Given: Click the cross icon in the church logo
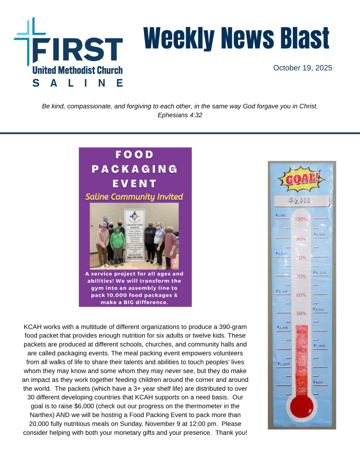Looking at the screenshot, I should click(x=30, y=41).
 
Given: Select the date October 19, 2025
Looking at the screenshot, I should click(x=302, y=68).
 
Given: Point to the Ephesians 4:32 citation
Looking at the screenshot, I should click(x=180, y=115).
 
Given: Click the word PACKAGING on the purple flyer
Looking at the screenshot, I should click(x=135, y=169).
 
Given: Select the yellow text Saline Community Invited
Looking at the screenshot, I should click(x=134, y=197).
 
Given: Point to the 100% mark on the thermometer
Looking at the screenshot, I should click(x=301, y=219).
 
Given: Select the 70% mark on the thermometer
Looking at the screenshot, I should click(x=301, y=276).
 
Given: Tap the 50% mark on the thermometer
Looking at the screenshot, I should click(x=301, y=314).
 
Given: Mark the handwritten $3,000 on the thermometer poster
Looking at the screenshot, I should click(x=319, y=310).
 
